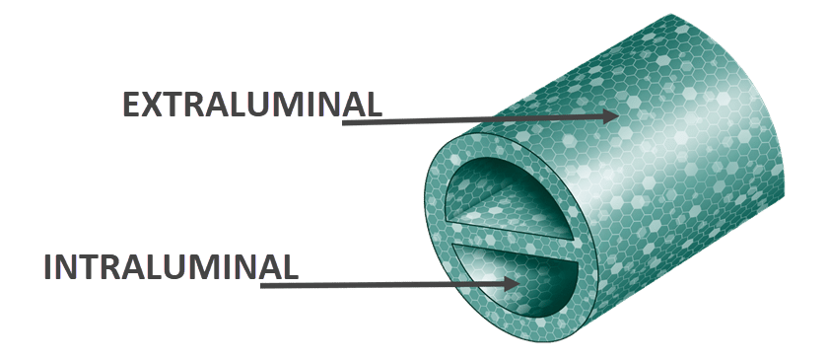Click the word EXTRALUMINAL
251,105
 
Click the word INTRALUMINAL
171,267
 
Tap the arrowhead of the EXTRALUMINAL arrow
611,116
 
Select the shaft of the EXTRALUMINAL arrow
473,120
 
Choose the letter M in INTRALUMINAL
203,267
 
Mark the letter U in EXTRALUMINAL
257,105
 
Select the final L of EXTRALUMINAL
371,105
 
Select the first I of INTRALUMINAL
50,267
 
